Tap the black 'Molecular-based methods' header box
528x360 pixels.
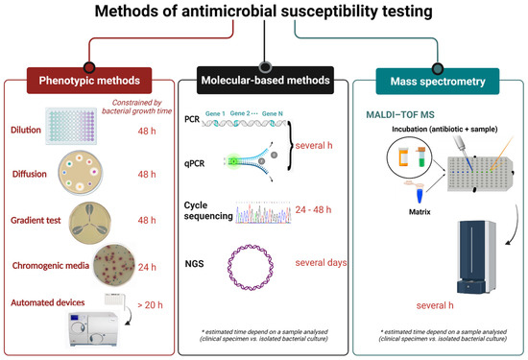pos(263,78)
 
